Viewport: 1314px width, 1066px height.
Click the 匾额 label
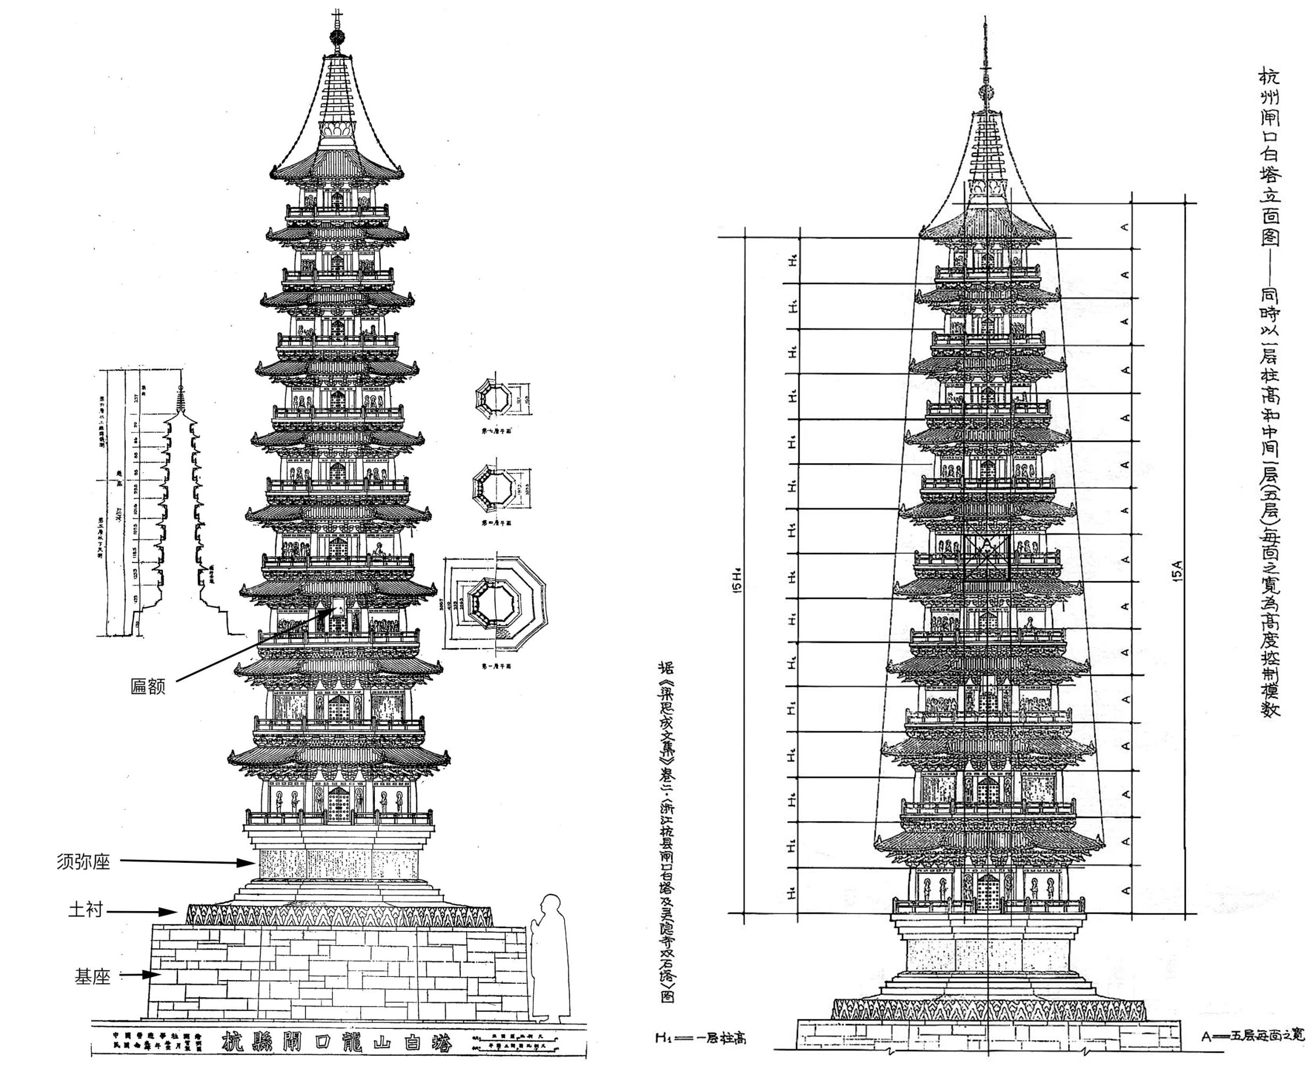pos(148,686)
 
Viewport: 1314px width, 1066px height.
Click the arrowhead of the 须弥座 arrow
pos(249,863)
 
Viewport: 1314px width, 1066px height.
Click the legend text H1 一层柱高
pos(700,1039)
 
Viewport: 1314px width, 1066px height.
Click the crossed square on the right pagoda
pos(987,557)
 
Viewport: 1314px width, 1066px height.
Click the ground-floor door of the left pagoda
pos(337,804)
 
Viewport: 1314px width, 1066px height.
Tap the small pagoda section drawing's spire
pos(180,399)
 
